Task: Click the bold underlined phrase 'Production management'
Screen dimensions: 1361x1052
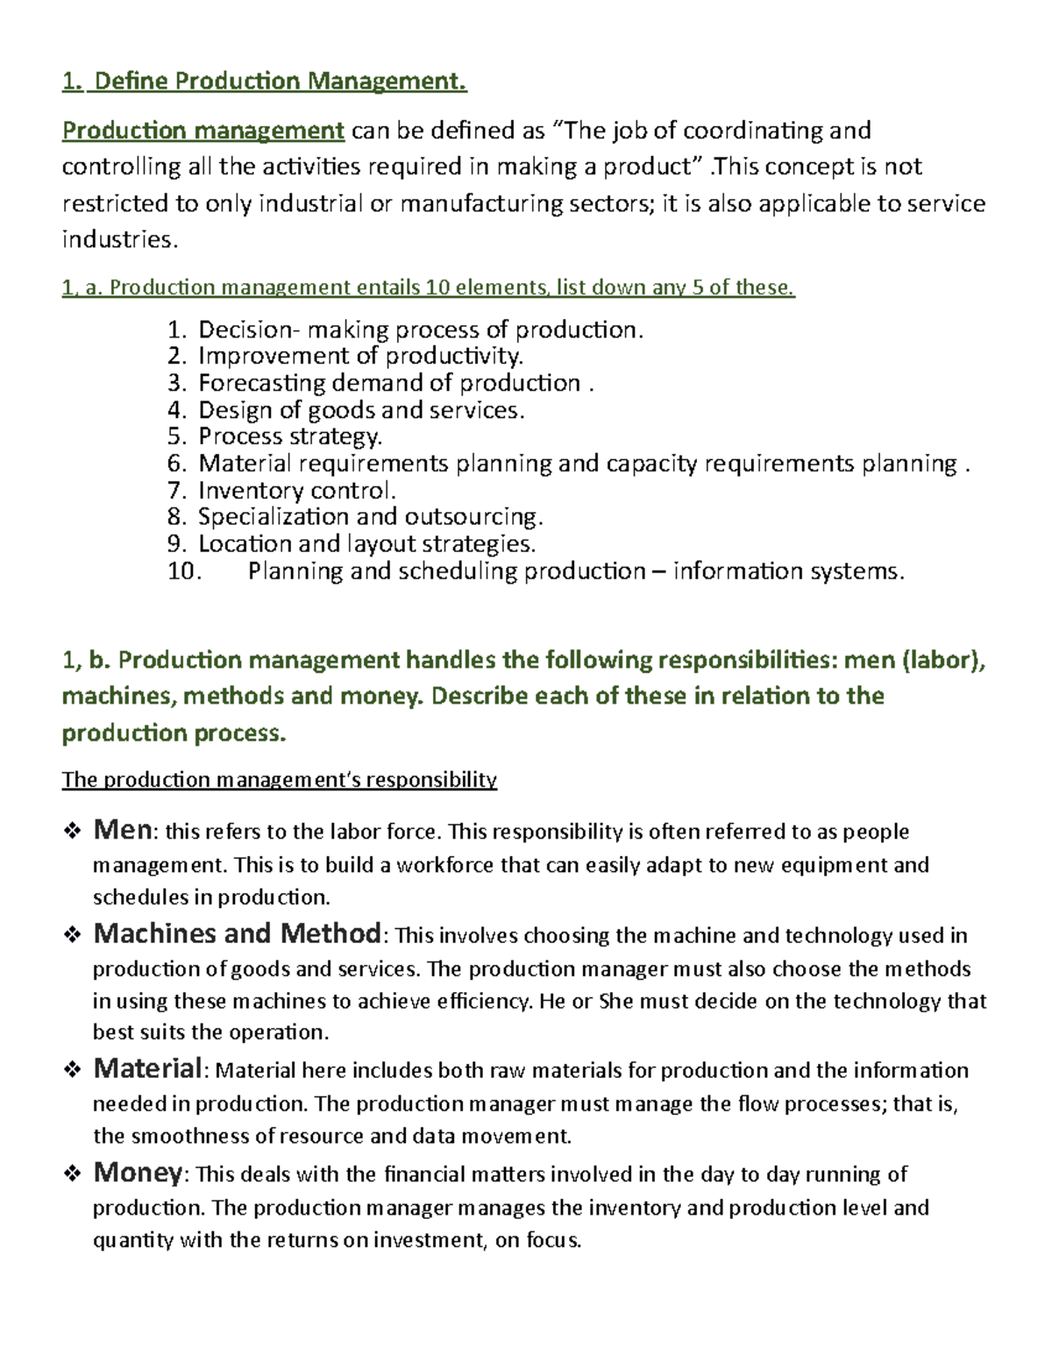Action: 203,131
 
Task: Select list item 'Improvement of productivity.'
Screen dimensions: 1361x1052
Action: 360,356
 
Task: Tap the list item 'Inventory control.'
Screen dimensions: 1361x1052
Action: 297,490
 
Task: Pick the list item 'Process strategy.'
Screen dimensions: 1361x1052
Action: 290,436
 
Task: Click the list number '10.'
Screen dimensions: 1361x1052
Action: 184,571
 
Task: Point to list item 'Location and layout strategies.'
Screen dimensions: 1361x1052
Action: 366,544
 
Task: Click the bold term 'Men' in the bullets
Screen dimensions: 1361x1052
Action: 123,829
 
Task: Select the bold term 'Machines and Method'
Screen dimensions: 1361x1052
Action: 237,933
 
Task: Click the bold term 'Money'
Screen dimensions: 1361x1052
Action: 138,1172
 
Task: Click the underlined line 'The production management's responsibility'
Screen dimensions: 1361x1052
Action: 279,780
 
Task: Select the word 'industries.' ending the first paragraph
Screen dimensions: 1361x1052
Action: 119,239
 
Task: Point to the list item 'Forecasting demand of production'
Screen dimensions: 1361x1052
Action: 389,383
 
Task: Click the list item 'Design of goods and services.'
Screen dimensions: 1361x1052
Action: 361,410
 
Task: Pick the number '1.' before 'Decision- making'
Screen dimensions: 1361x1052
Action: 177,330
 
